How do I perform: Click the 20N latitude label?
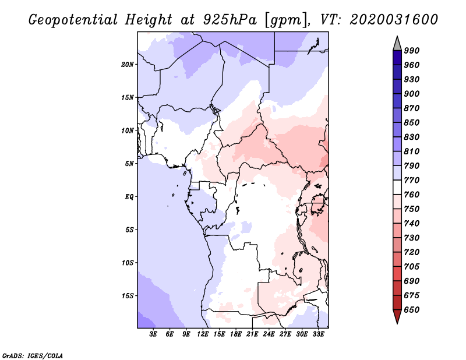coord(128,65)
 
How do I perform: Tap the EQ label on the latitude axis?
coord(129,197)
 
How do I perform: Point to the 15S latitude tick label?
coord(128,296)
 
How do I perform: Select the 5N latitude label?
coord(129,164)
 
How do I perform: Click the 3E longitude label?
coord(153,334)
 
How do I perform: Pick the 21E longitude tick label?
coord(252,334)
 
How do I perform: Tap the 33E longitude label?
coord(318,334)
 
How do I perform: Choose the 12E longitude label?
coord(203,334)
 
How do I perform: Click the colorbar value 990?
coord(412,51)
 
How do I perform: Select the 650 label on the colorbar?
coord(412,310)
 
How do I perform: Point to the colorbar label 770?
coord(412,180)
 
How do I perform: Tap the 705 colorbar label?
coord(412,267)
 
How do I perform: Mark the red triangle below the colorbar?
coord(397,316)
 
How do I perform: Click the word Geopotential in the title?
coord(73,20)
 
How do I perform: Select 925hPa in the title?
coord(230,20)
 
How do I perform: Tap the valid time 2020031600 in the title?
coord(394,20)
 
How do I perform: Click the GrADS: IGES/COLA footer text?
coord(33,355)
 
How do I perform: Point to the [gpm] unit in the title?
coord(287,20)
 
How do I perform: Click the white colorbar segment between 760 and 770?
coord(397,188)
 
